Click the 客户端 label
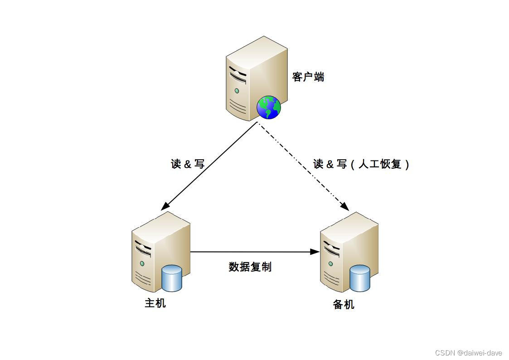[x=308, y=77]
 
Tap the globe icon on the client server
[x=269, y=107]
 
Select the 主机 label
[x=155, y=303]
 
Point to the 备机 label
[x=344, y=304]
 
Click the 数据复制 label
[x=250, y=267]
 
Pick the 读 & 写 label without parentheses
[x=188, y=164]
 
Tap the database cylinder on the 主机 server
[x=172, y=278]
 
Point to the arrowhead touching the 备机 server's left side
[x=315, y=252]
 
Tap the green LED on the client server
[x=237, y=91]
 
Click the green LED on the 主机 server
[x=142, y=263]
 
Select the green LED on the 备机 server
[x=330, y=264]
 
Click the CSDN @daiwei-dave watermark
[x=468, y=353]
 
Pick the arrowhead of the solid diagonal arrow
[x=165, y=206]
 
